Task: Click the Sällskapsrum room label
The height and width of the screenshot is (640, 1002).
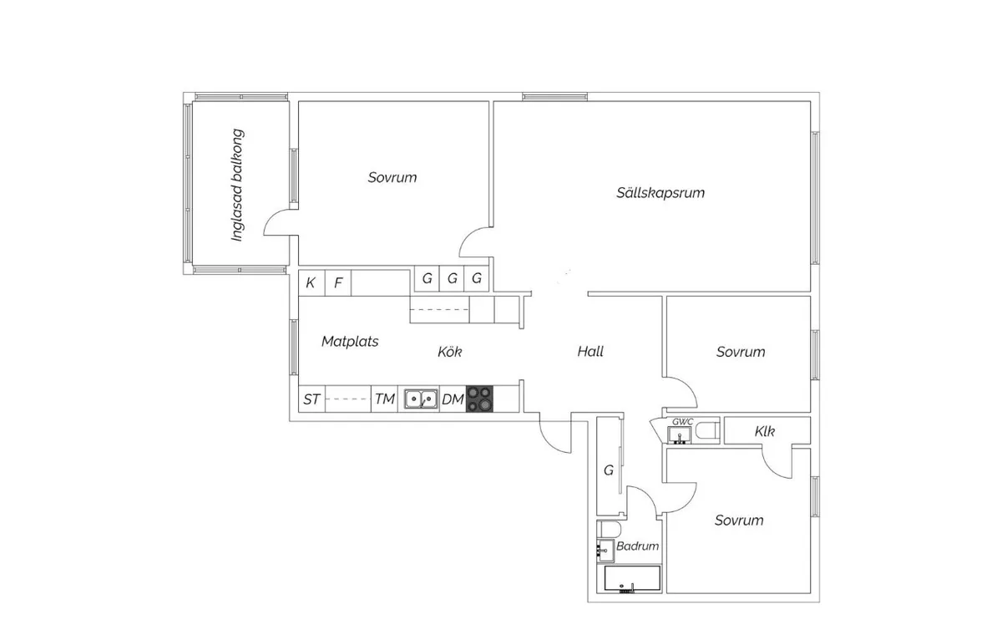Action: tap(660, 193)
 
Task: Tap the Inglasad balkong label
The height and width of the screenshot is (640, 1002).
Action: tap(237, 185)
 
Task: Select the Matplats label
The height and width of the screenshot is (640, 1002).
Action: tap(350, 342)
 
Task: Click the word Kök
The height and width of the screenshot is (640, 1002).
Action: tap(449, 352)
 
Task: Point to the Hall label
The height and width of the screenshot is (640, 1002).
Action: tap(590, 351)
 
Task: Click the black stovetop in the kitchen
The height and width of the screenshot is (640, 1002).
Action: tap(479, 399)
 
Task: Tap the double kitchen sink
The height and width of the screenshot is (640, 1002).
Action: tap(421, 399)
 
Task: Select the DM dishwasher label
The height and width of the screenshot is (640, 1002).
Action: tap(453, 399)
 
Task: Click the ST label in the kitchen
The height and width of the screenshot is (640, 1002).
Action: tap(311, 399)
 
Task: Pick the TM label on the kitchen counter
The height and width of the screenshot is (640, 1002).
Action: tap(385, 399)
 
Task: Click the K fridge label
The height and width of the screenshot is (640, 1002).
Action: tap(311, 283)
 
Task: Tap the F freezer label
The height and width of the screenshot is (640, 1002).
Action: tap(338, 283)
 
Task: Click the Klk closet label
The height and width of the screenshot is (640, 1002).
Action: tap(765, 431)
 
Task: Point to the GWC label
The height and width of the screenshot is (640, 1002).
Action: tap(683, 422)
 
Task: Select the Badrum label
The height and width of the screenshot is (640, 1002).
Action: tap(637, 546)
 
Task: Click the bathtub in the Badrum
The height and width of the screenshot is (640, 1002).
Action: tap(632, 579)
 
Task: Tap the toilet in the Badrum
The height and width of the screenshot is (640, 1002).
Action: tap(609, 530)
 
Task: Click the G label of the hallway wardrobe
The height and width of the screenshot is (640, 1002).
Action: tap(609, 470)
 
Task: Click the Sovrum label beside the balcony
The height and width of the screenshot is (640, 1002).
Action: tap(392, 178)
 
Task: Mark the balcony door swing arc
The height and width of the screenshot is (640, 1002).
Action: tap(271, 216)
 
